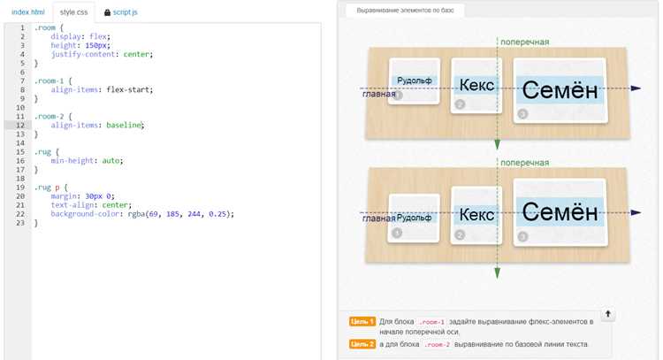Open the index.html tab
[x=28, y=12]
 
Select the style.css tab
[x=73, y=12]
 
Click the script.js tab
[x=125, y=12]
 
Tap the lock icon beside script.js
[x=107, y=12]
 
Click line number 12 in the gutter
[x=20, y=126]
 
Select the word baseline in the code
[x=124, y=126]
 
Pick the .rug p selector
[x=49, y=188]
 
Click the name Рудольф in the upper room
[x=414, y=80]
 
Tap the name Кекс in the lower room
[x=476, y=215]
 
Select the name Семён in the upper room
[x=560, y=90]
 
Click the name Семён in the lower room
[x=560, y=211]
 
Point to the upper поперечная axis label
[x=525, y=42]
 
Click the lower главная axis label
[x=378, y=218]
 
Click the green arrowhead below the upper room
[x=497, y=145]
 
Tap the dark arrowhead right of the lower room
[x=636, y=213]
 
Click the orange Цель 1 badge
[x=362, y=322]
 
